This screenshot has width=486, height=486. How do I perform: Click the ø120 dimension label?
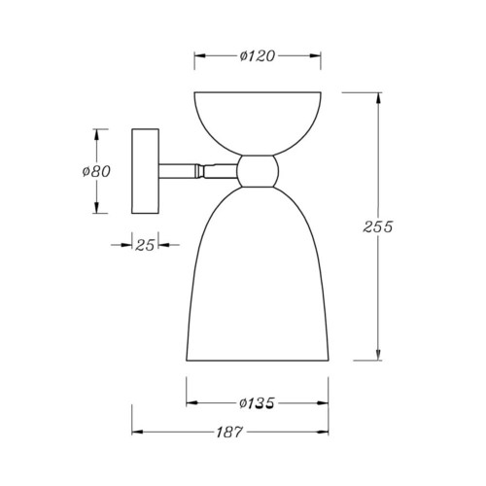258,56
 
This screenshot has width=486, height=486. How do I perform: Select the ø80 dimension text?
96,171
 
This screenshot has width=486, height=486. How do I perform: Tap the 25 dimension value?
145,245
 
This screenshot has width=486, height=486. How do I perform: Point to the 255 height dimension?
378,226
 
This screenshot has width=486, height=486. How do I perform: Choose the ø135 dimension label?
257,403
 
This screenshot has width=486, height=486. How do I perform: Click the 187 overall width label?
229,432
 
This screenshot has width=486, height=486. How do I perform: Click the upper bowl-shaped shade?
258,123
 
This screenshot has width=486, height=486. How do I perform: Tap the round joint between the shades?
258,171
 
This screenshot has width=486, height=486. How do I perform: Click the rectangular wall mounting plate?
145,171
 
